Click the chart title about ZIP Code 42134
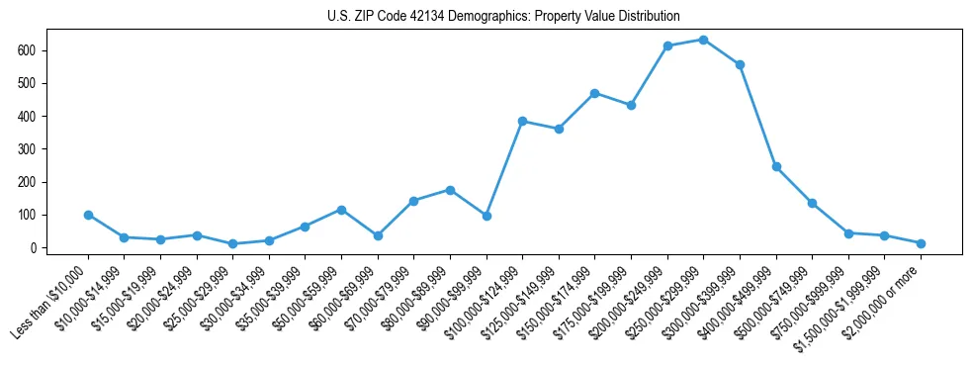pos(503,17)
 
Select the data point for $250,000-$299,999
pos(703,40)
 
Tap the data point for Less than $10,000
pos(88,215)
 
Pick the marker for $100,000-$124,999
pos(522,121)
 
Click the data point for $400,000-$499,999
pos(776,167)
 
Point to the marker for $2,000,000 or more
pos(921,243)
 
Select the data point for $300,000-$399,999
pos(740,64)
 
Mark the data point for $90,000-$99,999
pos(486,216)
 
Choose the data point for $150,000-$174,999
pos(594,93)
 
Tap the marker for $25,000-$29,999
pos(232,243)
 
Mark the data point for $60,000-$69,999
pos(378,235)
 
